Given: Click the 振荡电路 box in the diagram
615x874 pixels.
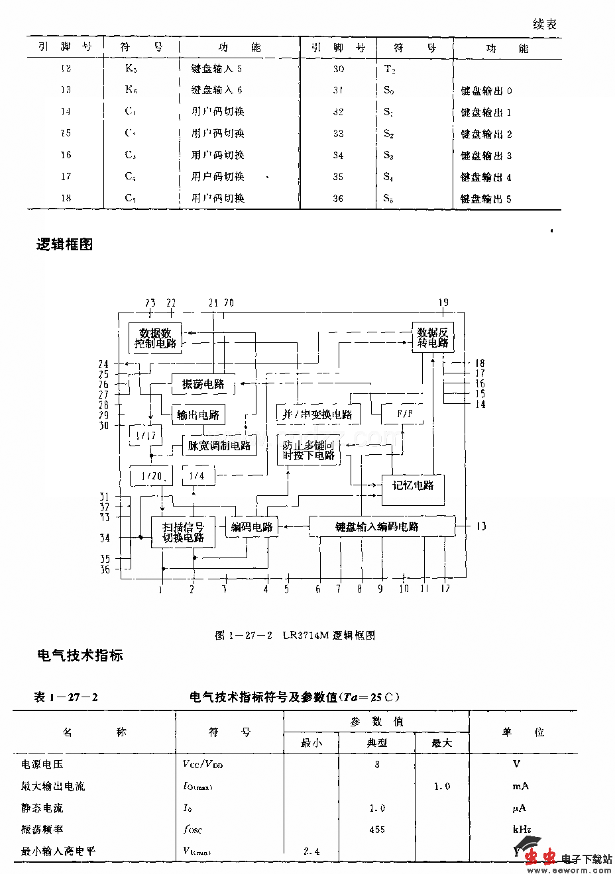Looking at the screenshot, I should tap(203, 384).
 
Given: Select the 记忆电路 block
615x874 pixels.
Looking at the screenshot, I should tap(413, 487).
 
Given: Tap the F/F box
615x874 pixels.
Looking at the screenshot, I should tap(404, 414).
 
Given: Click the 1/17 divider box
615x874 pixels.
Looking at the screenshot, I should tap(146, 436).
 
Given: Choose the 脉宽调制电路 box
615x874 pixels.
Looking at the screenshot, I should tap(219, 446).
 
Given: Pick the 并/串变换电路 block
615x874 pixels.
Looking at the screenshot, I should tap(317, 414).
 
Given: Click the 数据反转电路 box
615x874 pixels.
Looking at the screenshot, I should tap(433, 338).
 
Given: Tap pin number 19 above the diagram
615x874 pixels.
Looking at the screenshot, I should tap(443, 303).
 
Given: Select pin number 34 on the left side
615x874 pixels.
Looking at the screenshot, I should tap(105, 538).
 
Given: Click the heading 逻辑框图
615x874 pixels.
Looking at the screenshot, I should tap(64, 244).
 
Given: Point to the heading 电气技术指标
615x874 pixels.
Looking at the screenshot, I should tap(80, 655).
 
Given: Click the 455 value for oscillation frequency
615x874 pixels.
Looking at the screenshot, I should tap(376, 830).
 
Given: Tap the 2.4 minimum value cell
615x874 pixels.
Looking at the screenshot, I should tap(311, 851).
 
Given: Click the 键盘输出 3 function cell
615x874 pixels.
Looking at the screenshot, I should tap(486, 156).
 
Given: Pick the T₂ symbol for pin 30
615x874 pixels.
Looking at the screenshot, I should tap(390, 70).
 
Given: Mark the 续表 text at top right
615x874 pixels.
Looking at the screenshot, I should tap(545, 24).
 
